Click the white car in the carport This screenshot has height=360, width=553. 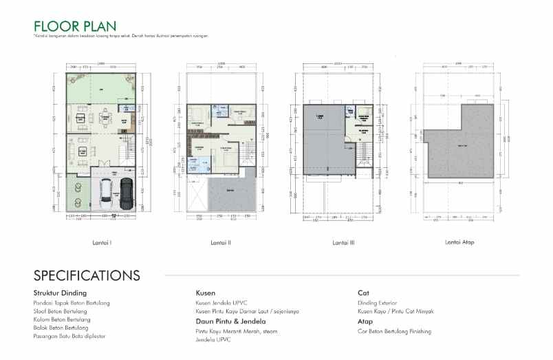point(107,192)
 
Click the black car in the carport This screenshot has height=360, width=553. point(125,192)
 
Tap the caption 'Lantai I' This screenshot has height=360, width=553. point(102,242)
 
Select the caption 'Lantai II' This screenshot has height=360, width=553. point(221,242)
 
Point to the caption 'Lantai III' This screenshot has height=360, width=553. point(343,242)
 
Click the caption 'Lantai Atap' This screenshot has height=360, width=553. point(459,242)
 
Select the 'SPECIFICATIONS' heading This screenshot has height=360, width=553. point(87,276)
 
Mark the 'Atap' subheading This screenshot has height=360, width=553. point(365,321)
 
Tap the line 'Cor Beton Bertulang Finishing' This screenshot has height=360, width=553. point(394,331)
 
